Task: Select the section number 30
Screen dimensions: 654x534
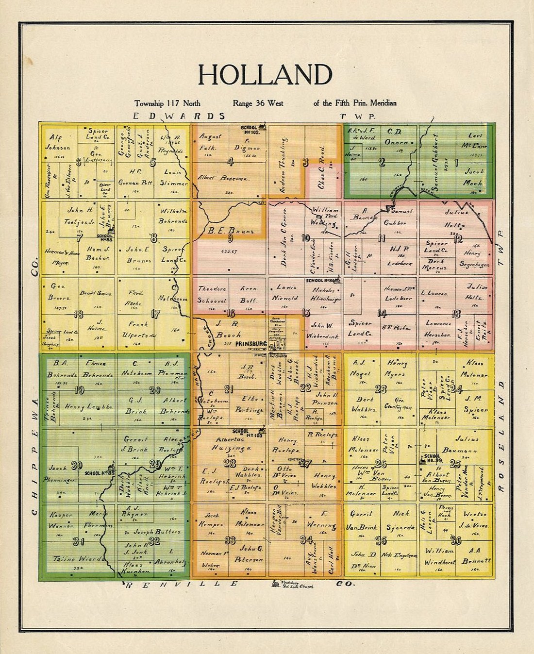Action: pyautogui.click(x=76, y=466)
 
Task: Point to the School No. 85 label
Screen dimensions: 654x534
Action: pyautogui.click(x=99, y=473)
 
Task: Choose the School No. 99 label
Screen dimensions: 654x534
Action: pyautogui.click(x=432, y=458)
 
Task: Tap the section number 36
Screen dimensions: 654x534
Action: pyautogui.click(x=455, y=540)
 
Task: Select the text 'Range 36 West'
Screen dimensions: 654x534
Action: pyautogui.click(x=258, y=103)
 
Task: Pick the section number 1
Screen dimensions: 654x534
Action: pyautogui.click(x=455, y=163)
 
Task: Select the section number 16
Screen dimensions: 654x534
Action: pyautogui.click(x=231, y=313)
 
